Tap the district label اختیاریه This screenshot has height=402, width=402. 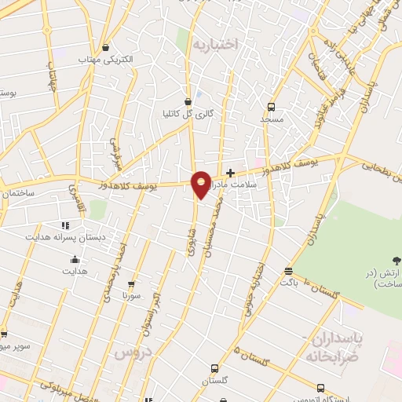point(214,44)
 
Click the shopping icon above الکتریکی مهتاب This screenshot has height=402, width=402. point(105,48)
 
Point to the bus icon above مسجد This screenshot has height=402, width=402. point(271,107)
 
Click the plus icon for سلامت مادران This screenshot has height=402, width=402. point(230,173)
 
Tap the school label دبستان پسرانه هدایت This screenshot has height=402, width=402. point(76,236)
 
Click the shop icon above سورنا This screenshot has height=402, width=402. point(130,284)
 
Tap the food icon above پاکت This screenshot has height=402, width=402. point(289,270)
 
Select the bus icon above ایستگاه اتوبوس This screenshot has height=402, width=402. point(320,387)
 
